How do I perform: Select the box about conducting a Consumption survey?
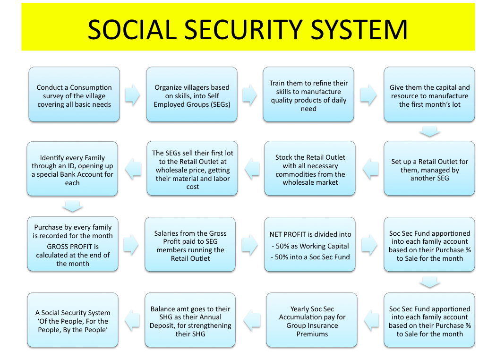(74, 94)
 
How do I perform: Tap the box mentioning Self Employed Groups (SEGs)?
(192, 94)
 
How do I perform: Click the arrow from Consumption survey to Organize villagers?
(132, 94)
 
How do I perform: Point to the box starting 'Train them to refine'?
(308, 94)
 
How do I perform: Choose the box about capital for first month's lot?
(429, 94)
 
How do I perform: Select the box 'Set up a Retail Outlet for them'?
(429, 168)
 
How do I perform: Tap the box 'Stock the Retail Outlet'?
(310, 168)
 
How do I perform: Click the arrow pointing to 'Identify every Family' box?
(133, 169)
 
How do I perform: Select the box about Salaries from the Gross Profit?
(190, 244)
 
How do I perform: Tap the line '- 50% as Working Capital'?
(310, 246)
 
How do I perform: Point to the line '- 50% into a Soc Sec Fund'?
(310, 257)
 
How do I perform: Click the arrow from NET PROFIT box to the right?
(369, 245)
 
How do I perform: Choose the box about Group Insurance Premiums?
(312, 320)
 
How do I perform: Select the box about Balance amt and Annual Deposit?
(190, 320)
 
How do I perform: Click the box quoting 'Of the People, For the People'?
(73, 320)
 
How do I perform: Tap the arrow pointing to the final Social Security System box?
(132, 320)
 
